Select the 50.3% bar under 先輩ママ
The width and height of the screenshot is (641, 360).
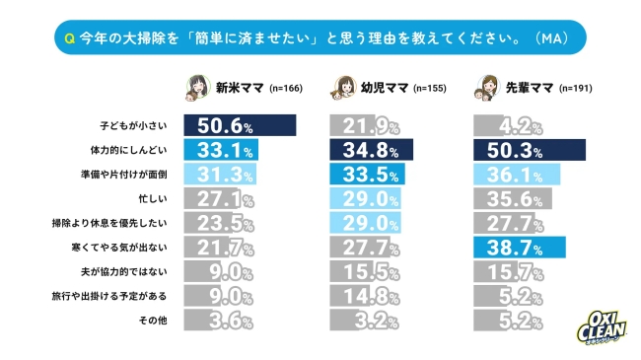point(530,151)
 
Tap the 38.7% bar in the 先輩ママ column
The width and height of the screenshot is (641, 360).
point(519,247)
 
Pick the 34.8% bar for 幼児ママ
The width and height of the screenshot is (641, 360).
point(369,151)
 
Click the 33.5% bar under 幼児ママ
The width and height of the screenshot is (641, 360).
point(368,175)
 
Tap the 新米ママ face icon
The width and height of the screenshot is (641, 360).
point(198,88)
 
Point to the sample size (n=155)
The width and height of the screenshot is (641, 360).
point(430,89)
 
